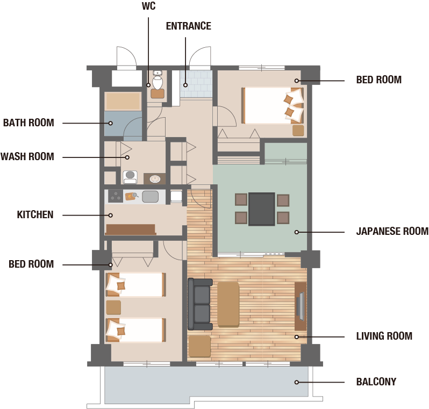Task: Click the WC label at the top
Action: [x=148, y=6]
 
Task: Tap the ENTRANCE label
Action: [x=189, y=26]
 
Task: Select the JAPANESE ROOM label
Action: [x=392, y=231]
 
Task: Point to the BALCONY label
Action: [x=376, y=382]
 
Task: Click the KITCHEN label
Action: [x=35, y=214]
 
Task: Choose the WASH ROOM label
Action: [x=27, y=156]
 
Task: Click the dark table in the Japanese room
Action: [x=262, y=209]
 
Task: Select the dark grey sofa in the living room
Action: [x=200, y=304]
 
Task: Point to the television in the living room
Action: [x=301, y=306]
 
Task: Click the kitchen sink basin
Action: [x=150, y=196]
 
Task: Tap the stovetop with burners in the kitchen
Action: [x=116, y=196]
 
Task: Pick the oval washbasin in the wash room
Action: [x=155, y=179]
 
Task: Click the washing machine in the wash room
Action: [x=130, y=177]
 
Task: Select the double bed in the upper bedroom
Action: [x=273, y=105]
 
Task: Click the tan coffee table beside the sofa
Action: [x=228, y=305]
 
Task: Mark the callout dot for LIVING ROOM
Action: [x=297, y=337]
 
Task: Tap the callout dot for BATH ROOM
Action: [x=111, y=123]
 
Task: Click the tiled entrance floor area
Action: [x=196, y=84]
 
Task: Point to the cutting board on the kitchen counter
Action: [x=131, y=196]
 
